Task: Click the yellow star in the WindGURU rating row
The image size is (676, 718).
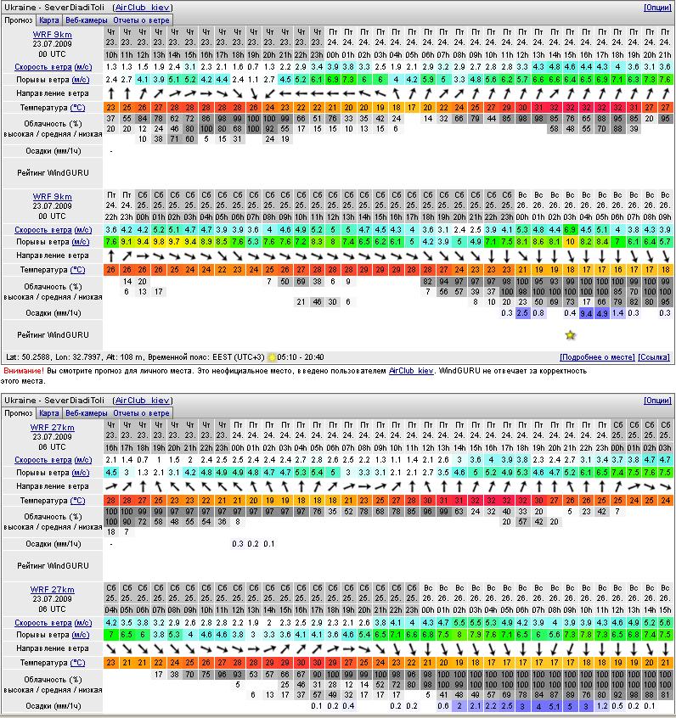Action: point(570,335)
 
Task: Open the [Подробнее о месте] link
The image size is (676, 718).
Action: point(597,357)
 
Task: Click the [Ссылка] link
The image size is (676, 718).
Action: point(654,357)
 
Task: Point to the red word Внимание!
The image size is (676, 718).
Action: point(23,371)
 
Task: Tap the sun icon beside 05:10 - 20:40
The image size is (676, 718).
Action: point(272,357)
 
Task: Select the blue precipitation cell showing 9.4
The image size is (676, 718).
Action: point(586,313)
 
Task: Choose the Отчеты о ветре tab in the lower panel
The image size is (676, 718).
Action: point(142,413)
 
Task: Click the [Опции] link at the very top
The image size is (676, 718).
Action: point(657,7)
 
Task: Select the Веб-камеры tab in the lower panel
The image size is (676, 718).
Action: point(87,413)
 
